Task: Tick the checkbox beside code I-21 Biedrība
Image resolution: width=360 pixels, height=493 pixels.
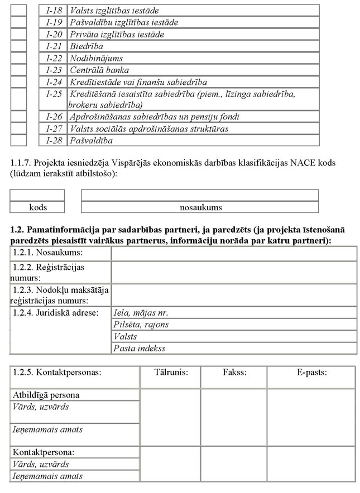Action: (18, 46)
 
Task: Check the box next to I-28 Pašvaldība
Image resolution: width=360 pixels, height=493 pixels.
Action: (18, 141)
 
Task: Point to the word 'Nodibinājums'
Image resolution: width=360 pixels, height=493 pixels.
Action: (96, 58)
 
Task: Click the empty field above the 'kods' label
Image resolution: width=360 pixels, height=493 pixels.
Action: (37, 196)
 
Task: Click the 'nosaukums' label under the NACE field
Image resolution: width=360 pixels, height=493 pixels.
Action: (200, 207)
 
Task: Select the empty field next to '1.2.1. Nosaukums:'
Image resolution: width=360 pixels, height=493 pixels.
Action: (234, 254)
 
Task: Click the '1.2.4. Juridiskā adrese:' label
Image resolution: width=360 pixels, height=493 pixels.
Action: (55, 312)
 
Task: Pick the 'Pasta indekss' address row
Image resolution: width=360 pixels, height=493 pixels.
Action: (139, 349)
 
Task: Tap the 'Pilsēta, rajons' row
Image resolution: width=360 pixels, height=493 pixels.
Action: (141, 325)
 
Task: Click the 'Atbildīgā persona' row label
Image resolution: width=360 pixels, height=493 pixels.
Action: (46, 395)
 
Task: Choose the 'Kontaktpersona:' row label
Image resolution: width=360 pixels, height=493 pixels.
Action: (44, 453)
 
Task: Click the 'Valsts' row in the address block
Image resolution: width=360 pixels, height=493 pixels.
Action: (125, 337)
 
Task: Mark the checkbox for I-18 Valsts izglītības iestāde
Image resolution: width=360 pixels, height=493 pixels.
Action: (18, 11)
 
